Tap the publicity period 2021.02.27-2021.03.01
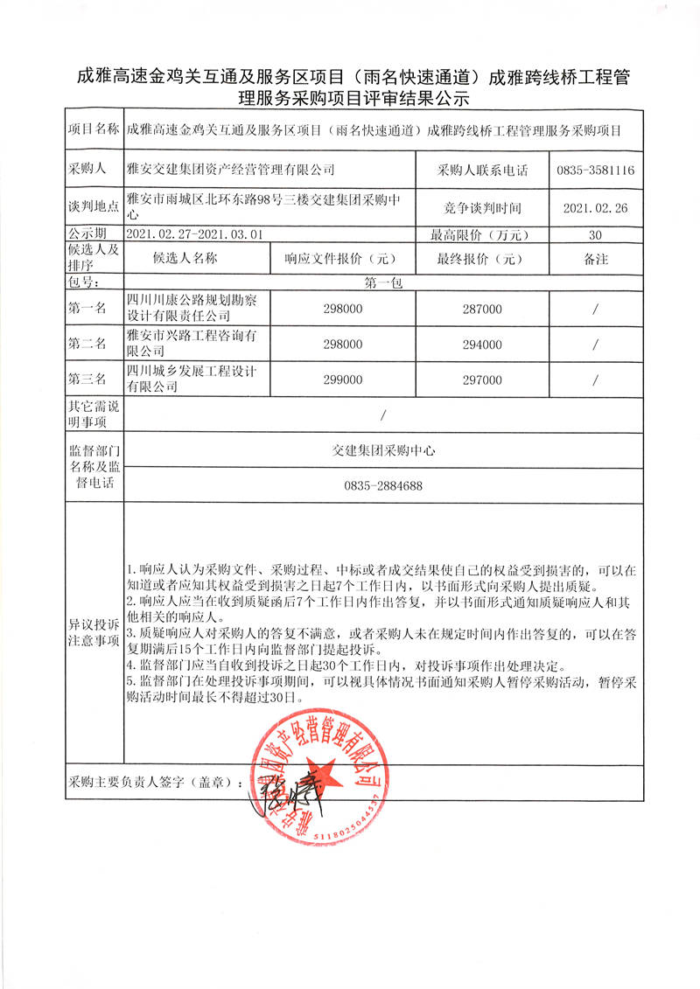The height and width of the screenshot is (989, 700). point(194,234)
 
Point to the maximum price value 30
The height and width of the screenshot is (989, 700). point(595,234)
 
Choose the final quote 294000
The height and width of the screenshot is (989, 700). point(482,345)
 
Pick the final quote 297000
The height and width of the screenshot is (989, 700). point(482,380)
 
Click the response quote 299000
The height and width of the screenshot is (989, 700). point(343,380)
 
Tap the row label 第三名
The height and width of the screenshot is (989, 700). point(87,380)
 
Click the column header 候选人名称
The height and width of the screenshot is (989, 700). point(185,259)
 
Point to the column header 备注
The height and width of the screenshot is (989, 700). point(595,259)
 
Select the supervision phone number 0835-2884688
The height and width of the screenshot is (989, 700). point(383,485)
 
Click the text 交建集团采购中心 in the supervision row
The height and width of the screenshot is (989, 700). point(383,451)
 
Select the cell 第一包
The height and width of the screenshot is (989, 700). point(383,283)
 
